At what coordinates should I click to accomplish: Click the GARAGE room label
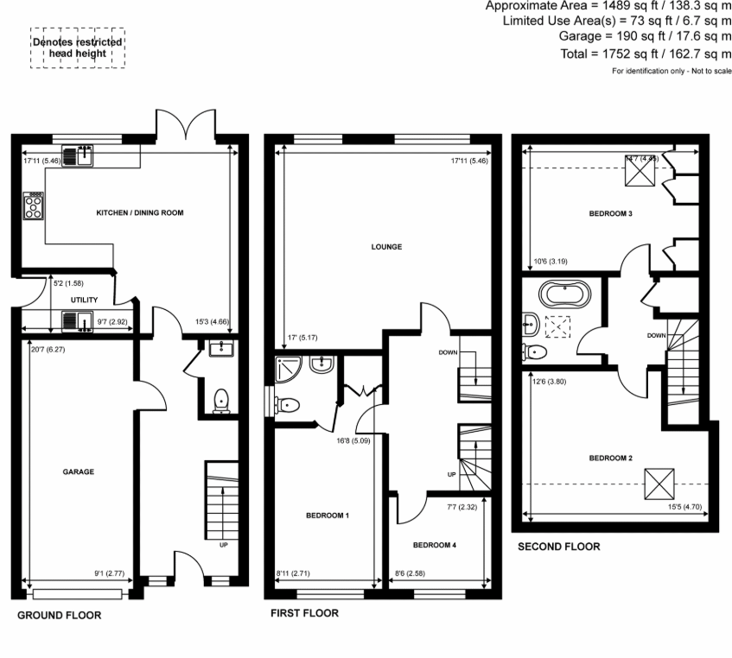tap(78, 471)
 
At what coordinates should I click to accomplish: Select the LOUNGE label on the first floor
tap(387, 247)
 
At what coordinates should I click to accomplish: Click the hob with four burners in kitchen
tap(34, 206)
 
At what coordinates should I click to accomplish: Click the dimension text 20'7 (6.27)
tap(38, 348)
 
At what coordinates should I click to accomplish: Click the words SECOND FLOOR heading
tap(558, 547)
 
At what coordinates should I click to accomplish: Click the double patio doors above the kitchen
tap(185, 124)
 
